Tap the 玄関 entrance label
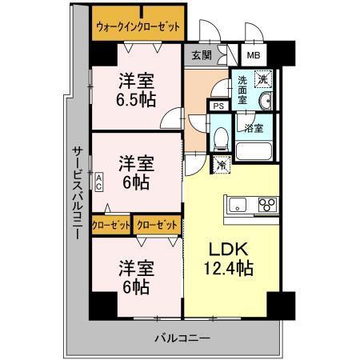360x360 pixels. [x=200, y=55]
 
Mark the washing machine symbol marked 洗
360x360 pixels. [x=263, y=79]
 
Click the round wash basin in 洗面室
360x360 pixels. [x=266, y=101]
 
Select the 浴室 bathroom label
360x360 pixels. [x=253, y=126]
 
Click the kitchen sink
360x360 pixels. [x=238, y=206]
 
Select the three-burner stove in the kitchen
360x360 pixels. [x=267, y=206]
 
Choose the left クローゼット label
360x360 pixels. [x=111, y=226]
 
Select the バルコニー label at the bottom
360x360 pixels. [x=182, y=338]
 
